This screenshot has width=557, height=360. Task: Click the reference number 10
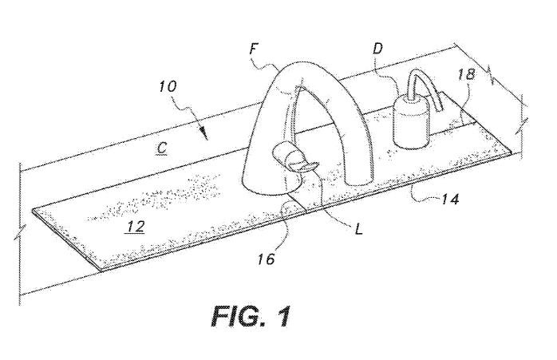[x=168, y=87]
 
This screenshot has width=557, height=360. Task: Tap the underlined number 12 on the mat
[x=136, y=227]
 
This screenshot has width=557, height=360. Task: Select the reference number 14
[x=450, y=200]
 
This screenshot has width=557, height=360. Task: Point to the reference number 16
[x=266, y=259]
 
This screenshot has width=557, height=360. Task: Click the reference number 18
[x=466, y=74]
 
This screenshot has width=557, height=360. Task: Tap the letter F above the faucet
[x=253, y=49]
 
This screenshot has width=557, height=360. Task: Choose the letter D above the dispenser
[x=377, y=49]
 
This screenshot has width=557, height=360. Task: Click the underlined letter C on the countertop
[x=162, y=148]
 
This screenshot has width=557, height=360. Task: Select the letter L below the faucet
[x=359, y=229]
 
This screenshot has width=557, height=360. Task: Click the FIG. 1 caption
[x=251, y=316]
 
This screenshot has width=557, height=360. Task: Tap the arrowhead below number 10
[x=204, y=135]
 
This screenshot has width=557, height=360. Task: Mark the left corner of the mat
[x=33, y=211]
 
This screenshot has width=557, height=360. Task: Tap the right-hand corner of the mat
[x=512, y=152]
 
